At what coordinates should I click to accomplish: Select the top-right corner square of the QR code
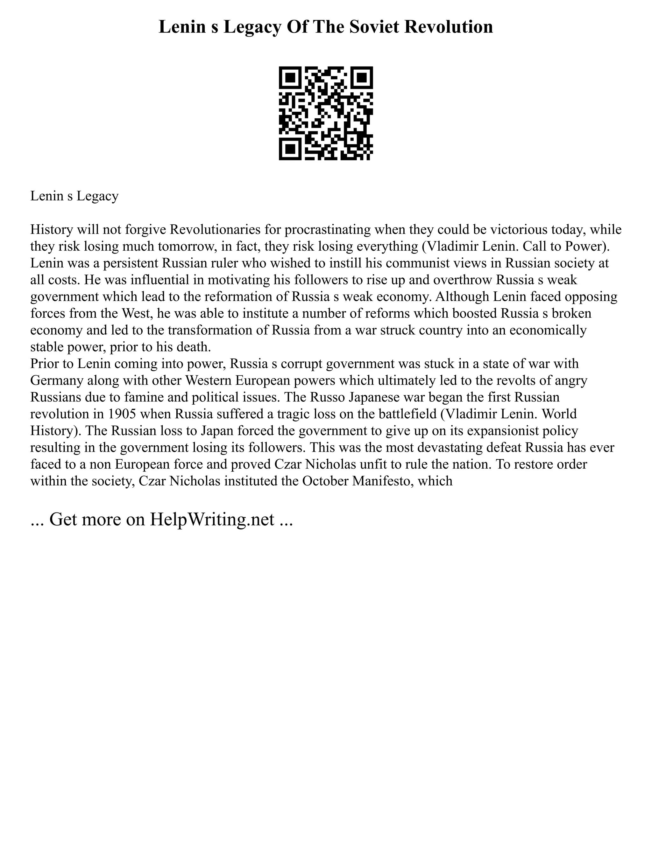click(x=362, y=78)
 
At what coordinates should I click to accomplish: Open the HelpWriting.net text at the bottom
click(x=212, y=519)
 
